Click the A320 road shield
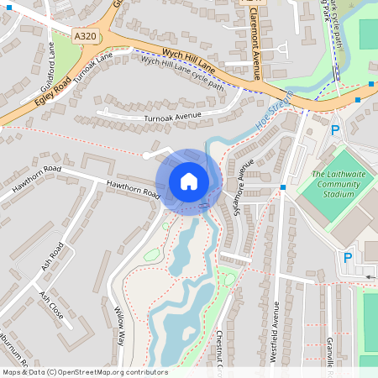(85, 37)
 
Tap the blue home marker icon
(189, 181)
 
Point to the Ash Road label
(53, 255)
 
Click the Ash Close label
(51, 305)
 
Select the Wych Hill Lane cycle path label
(182, 73)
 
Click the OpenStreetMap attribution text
(84, 372)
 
